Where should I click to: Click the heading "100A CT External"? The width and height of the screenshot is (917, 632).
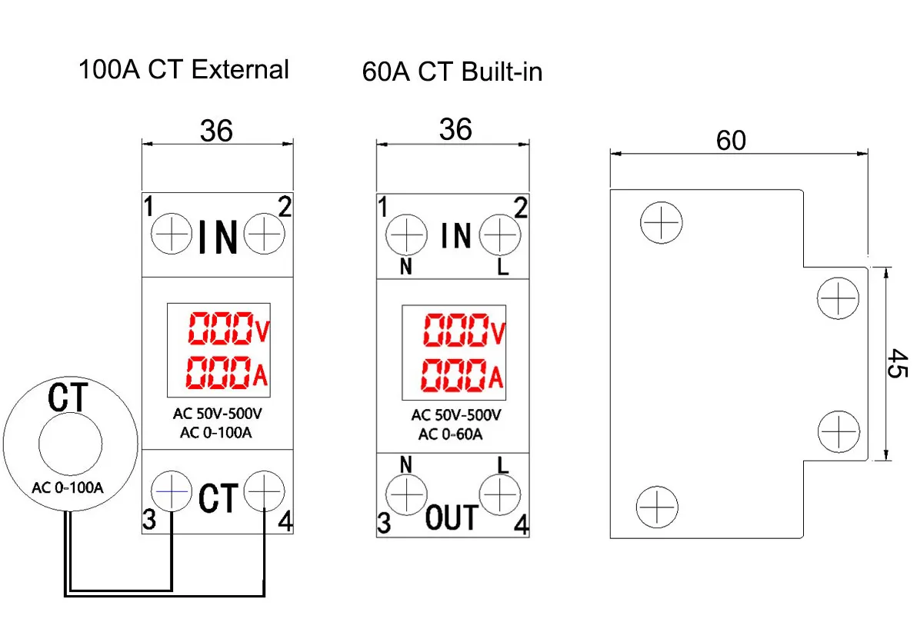pos(183,70)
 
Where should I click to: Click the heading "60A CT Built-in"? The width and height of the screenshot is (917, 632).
pos(452,72)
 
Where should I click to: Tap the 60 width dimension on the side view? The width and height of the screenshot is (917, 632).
pos(731,141)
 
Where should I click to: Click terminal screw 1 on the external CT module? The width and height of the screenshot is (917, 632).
pos(171,233)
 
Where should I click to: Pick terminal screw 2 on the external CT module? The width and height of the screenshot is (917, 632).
pos(265,233)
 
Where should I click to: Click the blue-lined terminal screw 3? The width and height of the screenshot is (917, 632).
pos(171,491)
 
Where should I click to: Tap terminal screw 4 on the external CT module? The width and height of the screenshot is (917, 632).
pos(265,491)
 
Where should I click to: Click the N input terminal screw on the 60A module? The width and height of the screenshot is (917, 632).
pos(405,234)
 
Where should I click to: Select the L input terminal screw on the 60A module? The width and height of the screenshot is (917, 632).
pos(500,234)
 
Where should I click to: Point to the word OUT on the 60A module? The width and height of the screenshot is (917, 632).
pos(452,518)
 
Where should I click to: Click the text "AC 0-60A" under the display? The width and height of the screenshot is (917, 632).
pos(450,434)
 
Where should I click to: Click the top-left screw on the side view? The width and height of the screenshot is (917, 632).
pos(661,223)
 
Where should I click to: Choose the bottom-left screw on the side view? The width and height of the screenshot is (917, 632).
pos(656,507)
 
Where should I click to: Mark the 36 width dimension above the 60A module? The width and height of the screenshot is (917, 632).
pos(455,130)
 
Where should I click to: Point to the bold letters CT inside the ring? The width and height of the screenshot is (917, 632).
pos(69,398)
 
